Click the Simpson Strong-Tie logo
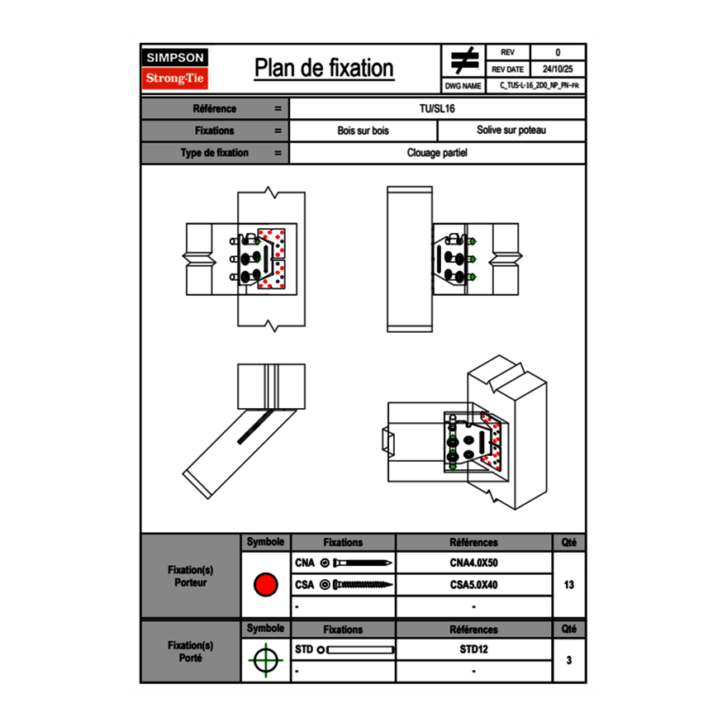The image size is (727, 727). click(x=176, y=69)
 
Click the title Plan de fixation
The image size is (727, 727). click(x=324, y=69)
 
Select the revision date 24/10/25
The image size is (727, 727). click(x=558, y=69)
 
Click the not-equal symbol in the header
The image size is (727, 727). click(x=464, y=61)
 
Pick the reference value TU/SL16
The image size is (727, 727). click(x=437, y=108)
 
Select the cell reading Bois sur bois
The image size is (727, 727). click(x=363, y=131)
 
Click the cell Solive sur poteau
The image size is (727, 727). click(x=511, y=131)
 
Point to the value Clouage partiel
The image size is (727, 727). click(x=437, y=153)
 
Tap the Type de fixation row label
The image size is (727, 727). click(x=214, y=153)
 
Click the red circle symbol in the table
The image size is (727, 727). click(x=265, y=585)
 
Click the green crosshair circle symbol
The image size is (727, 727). click(x=265, y=660)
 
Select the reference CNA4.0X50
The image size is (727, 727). click(x=473, y=563)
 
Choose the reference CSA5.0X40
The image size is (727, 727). click(x=473, y=585)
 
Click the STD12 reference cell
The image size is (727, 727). click(x=473, y=649)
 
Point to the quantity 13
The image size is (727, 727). click(x=568, y=585)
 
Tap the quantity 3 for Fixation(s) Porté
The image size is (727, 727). click(x=568, y=660)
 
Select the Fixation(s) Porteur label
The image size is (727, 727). click(x=191, y=576)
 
